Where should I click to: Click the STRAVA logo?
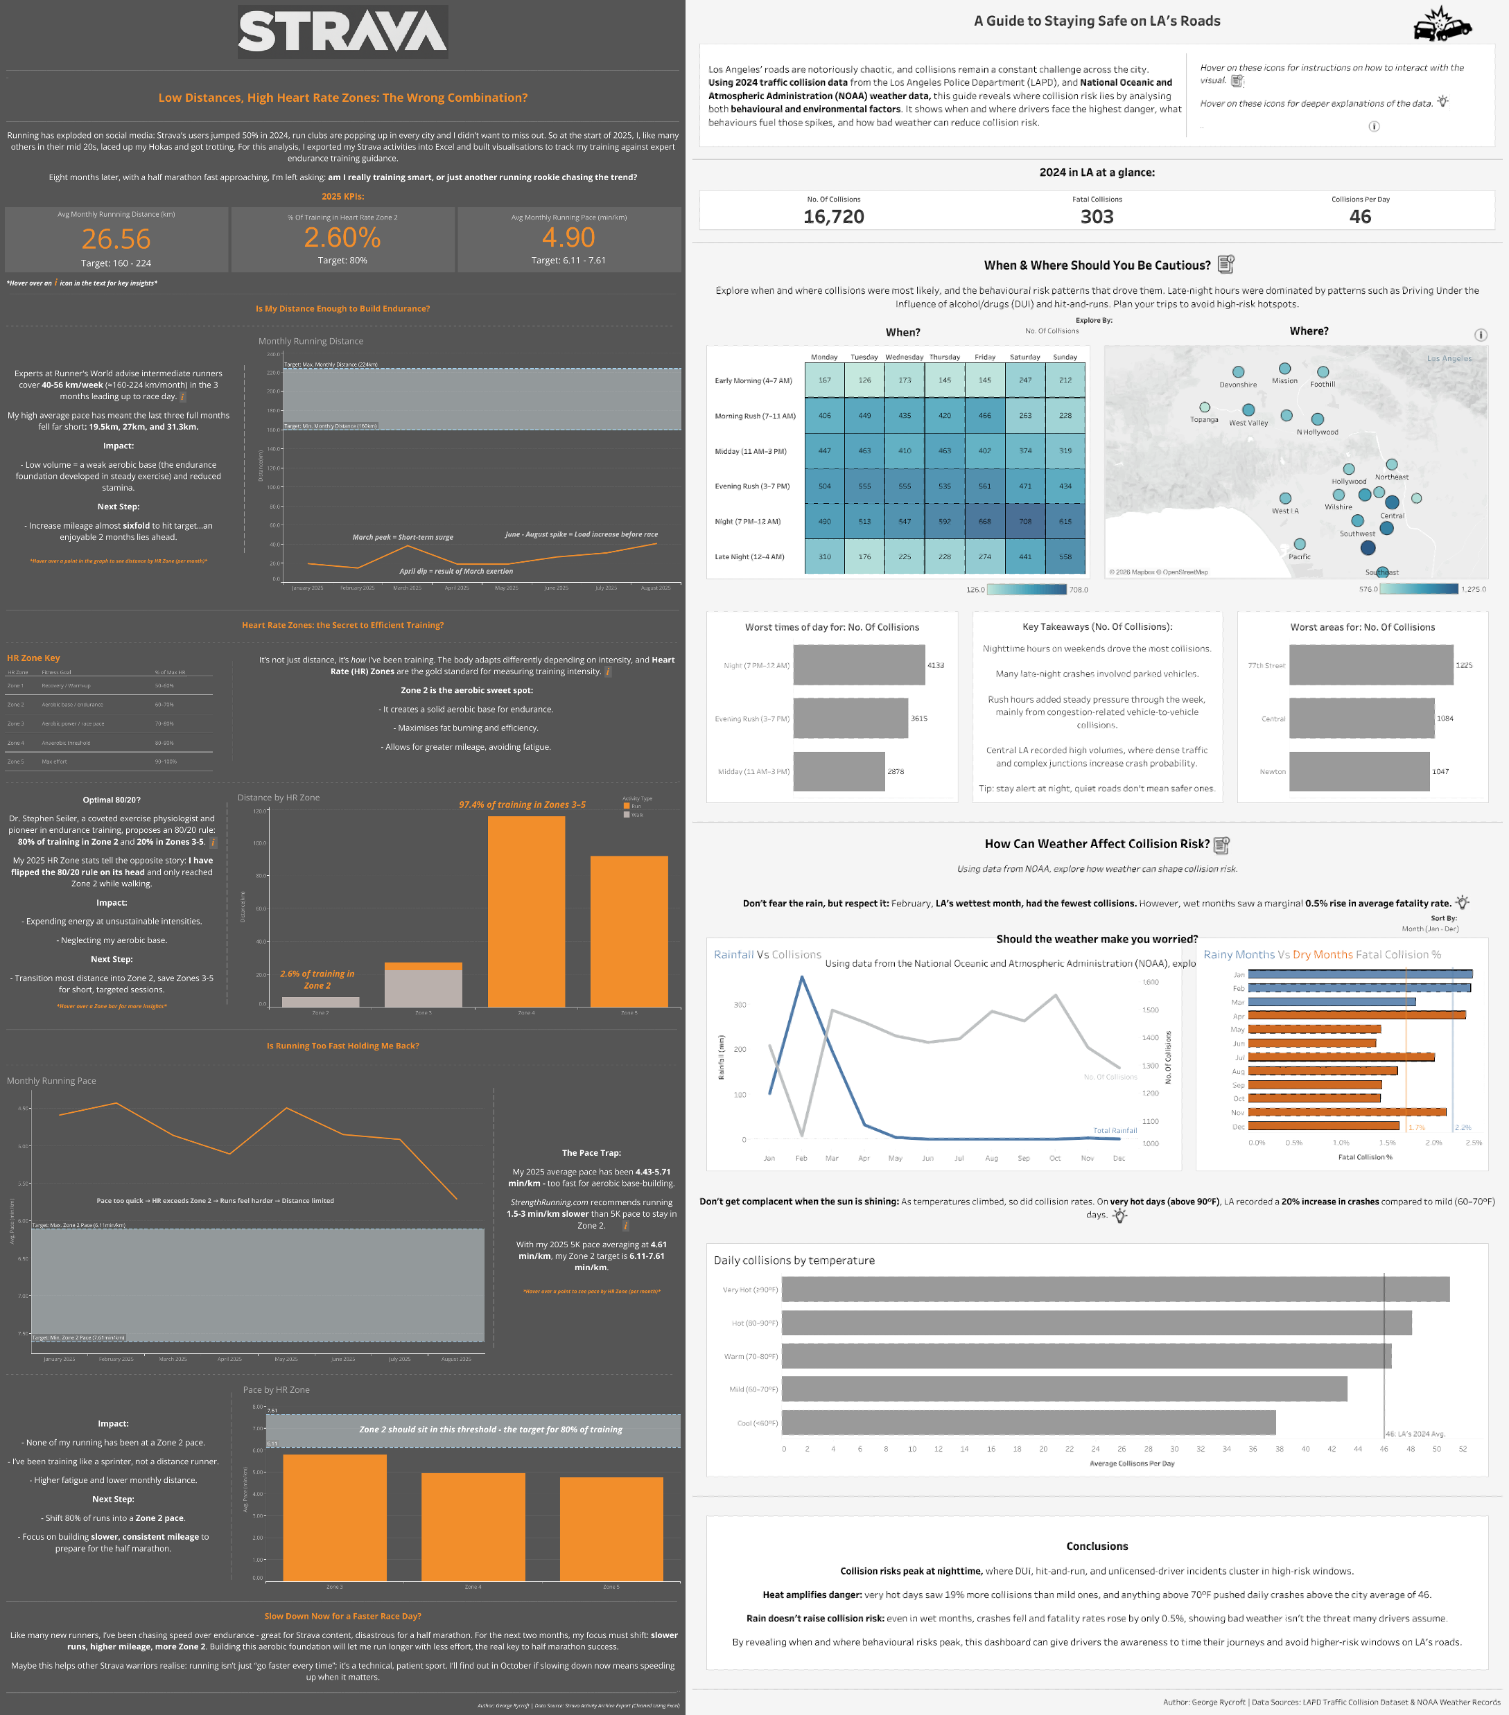(342, 32)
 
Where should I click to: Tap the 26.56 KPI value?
(116, 239)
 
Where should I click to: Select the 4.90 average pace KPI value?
(568, 238)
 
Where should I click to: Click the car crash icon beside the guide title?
(1442, 24)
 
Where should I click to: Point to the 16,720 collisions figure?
(833, 216)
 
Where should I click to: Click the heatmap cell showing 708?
(1024, 521)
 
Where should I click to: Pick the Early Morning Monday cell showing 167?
(824, 380)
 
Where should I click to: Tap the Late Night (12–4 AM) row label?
(749, 556)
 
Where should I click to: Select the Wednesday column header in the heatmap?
(904, 357)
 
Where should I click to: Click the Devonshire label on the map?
(1238, 385)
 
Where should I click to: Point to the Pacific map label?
(1299, 556)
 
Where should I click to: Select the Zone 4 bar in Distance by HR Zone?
(526, 911)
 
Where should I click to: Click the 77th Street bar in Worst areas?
(1370, 665)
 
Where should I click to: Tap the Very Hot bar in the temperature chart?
(1115, 1289)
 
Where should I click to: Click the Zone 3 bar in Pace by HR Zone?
(334, 1517)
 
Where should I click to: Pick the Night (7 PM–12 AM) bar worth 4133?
(859, 665)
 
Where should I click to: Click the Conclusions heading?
(1097, 1545)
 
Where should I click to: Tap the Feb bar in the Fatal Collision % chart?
(1359, 987)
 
